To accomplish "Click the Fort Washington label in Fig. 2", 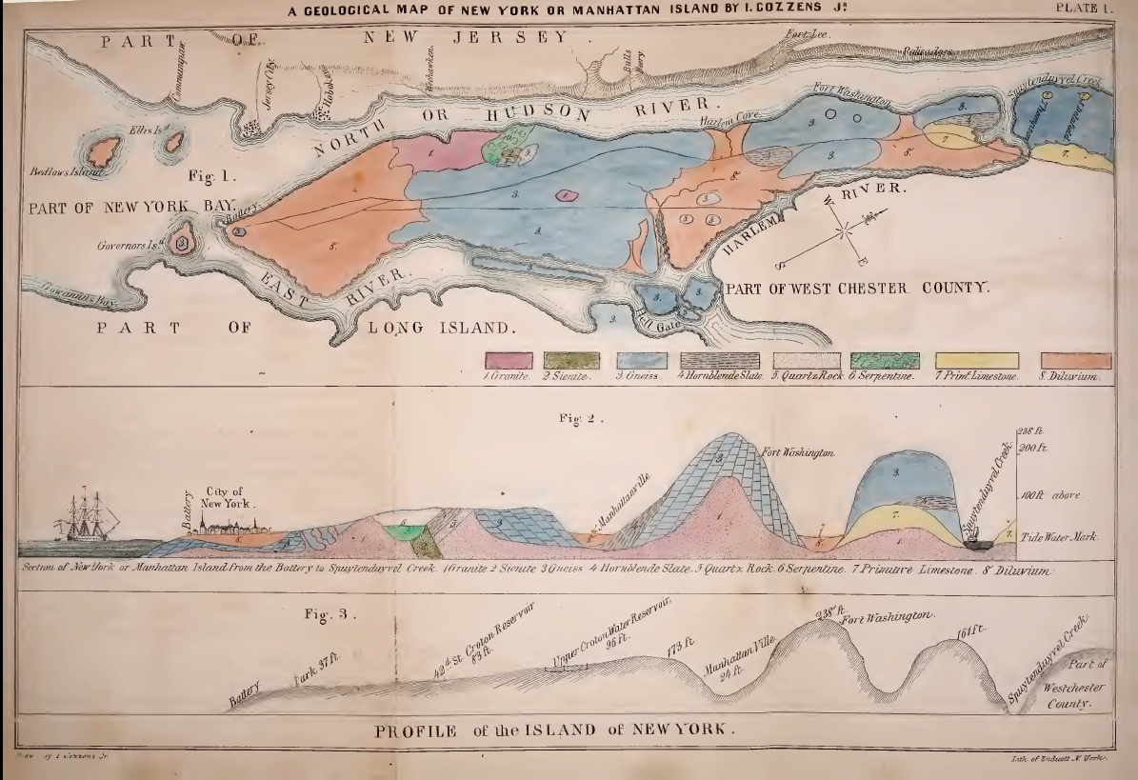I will coord(799,452).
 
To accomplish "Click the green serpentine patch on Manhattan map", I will coord(511,150).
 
